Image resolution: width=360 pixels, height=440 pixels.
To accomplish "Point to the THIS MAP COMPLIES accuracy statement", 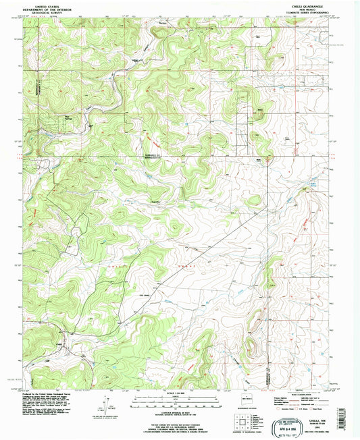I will click(x=179, y=418).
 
